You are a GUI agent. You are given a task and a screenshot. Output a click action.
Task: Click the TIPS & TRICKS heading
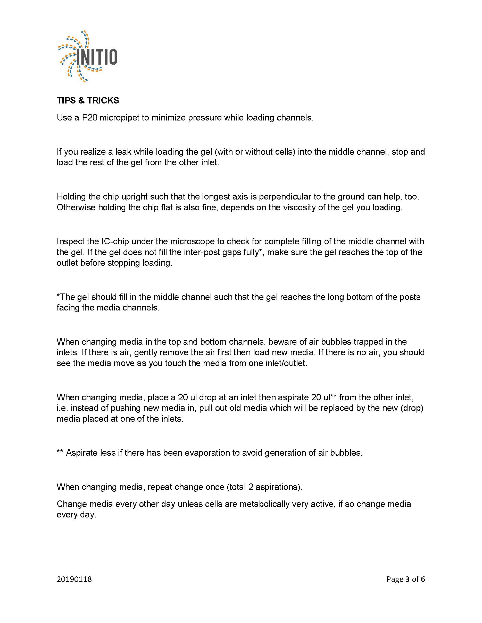point(88,100)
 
